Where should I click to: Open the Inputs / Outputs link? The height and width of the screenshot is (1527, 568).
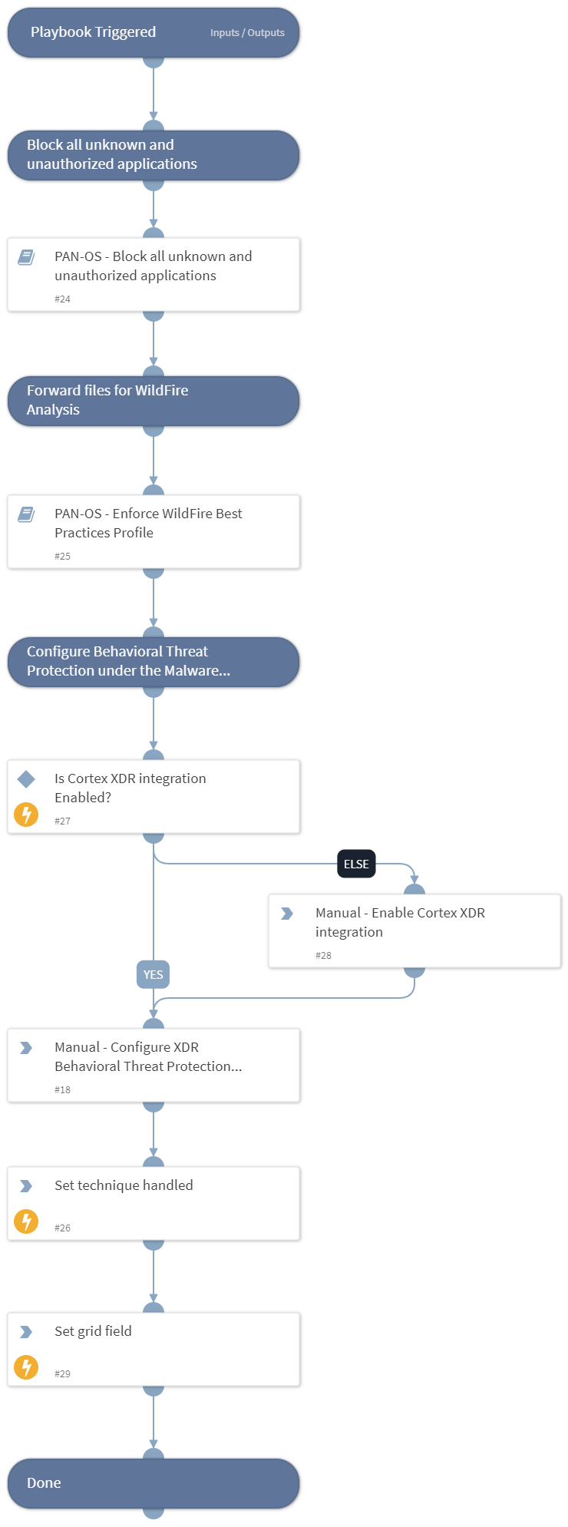[247, 33]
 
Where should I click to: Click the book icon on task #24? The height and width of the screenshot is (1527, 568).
[26, 257]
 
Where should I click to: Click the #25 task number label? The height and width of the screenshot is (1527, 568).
[62, 556]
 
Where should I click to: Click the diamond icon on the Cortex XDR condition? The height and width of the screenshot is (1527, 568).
[26, 779]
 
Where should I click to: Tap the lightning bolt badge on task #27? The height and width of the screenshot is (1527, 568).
[26, 814]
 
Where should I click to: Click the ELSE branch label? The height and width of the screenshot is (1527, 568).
[356, 864]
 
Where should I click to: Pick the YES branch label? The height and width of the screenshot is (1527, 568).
[153, 974]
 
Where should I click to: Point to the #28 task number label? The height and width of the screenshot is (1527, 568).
[323, 955]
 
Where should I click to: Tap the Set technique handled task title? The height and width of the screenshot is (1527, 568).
[124, 1185]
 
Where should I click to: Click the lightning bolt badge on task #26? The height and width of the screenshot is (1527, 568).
[26, 1221]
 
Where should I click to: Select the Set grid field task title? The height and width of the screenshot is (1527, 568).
[93, 1331]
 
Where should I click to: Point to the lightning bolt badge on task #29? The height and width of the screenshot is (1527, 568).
[26, 1367]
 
